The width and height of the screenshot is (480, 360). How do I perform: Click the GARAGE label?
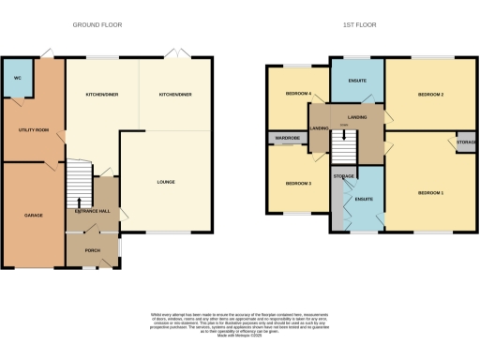(x=34, y=215)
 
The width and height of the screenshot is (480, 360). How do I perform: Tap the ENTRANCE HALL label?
(x=93, y=212)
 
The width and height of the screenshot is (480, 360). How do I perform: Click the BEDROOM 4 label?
(x=299, y=95)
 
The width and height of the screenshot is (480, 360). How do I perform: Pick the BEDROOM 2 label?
(x=430, y=95)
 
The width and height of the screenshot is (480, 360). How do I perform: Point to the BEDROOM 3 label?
(x=297, y=183)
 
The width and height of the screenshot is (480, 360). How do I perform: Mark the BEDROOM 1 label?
(x=430, y=192)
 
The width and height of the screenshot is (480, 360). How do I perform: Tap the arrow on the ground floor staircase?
(x=79, y=202)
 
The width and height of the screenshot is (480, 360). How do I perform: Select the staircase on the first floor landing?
(x=344, y=145)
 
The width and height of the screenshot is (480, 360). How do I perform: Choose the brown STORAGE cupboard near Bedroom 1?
(x=466, y=142)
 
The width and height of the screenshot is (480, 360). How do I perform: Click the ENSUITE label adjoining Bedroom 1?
(x=365, y=199)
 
